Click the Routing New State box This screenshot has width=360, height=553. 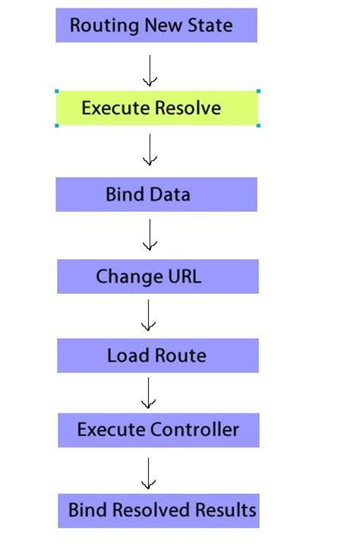click(x=156, y=26)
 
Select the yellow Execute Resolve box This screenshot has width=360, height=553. click(x=157, y=108)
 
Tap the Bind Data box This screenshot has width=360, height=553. click(x=156, y=194)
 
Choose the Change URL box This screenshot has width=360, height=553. click(x=157, y=276)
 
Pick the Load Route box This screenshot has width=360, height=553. click(x=157, y=355)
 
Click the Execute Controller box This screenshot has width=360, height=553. click(x=158, y=430)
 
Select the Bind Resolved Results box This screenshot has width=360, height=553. click(x=158, y=510)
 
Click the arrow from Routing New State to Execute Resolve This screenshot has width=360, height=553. click(x=150, y=70)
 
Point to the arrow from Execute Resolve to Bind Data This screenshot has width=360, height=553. click(x=150, y=150)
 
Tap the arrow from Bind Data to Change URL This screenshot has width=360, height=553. click(x=150, y=235)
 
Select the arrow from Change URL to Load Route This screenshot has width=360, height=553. click(x=149, y=315)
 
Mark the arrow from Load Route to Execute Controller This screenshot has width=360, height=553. click(x=149, y=393)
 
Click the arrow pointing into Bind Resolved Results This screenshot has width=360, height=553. click(x=149, y=472)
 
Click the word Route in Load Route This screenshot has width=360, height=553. click(x=181, y=355)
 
